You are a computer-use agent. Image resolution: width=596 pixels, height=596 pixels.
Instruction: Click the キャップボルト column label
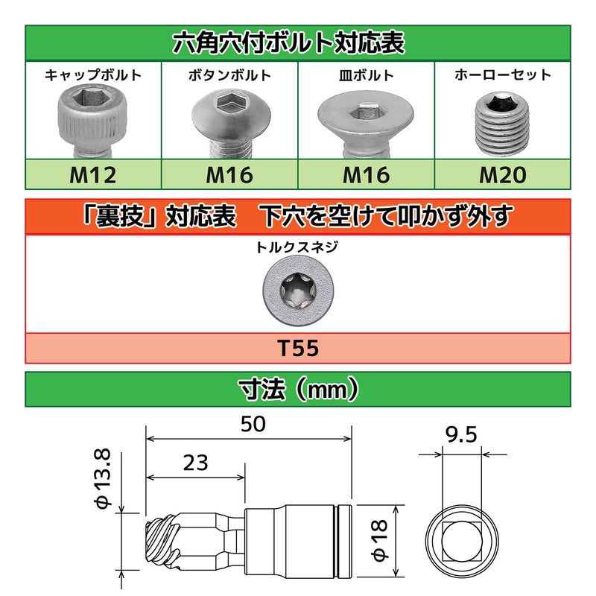92,74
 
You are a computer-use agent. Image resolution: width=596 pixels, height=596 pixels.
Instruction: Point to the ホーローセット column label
503,74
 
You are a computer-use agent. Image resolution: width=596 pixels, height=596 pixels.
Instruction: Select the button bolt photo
229,119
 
